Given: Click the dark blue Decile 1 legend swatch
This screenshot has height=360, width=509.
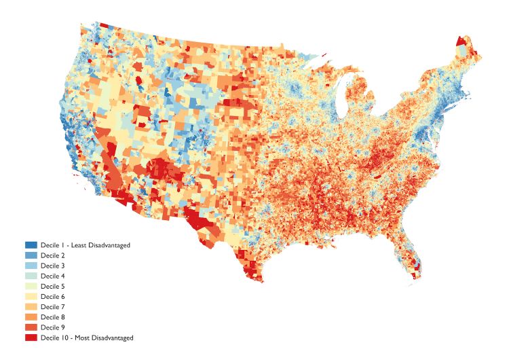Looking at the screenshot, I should pos(31,245).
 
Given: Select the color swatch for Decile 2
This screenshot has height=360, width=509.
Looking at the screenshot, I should pos(31,255).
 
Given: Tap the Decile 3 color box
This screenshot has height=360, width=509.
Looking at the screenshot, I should pos(31,265).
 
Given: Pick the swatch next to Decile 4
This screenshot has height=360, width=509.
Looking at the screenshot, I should pos(31,276).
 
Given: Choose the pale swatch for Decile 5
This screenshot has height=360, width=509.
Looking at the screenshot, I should pos(31,286).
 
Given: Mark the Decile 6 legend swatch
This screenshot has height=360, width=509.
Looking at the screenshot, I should pos(31,296).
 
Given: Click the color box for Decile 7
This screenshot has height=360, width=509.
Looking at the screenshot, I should pos(31,306).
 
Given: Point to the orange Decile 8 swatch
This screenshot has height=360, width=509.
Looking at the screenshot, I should pos(31,317).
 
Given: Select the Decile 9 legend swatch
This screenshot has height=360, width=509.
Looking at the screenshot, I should pos(31,327).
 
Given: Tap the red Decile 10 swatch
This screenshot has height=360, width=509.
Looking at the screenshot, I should pos(31,338).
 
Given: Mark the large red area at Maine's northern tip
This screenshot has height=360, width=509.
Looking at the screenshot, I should pos(461,41).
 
